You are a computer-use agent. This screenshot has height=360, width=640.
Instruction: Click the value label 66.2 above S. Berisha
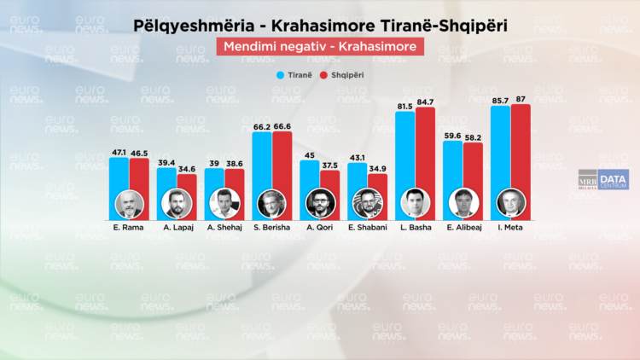coord(262,125)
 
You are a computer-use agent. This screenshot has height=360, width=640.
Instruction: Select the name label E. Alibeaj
coord(463,227)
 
